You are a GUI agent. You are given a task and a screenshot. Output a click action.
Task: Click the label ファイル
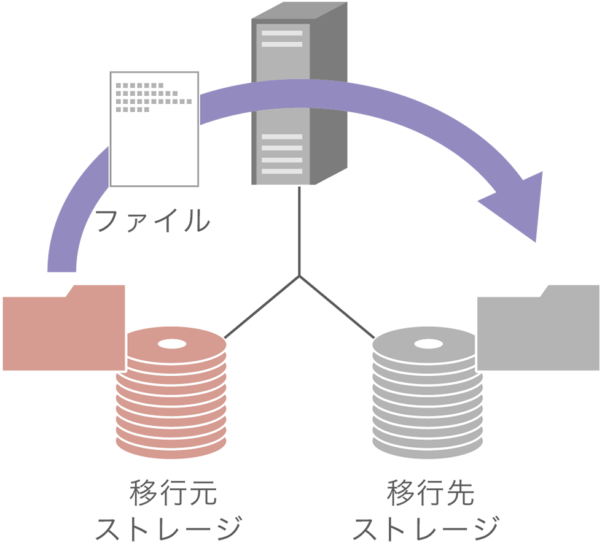pos(152,220)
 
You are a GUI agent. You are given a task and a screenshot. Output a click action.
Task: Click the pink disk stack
pos(171,393)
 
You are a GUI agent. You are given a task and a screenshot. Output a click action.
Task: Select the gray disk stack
pos(424,393)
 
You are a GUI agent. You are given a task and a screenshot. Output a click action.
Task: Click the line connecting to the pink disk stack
pos(262,307)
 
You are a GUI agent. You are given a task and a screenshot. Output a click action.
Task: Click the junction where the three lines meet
pos(299,276)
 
